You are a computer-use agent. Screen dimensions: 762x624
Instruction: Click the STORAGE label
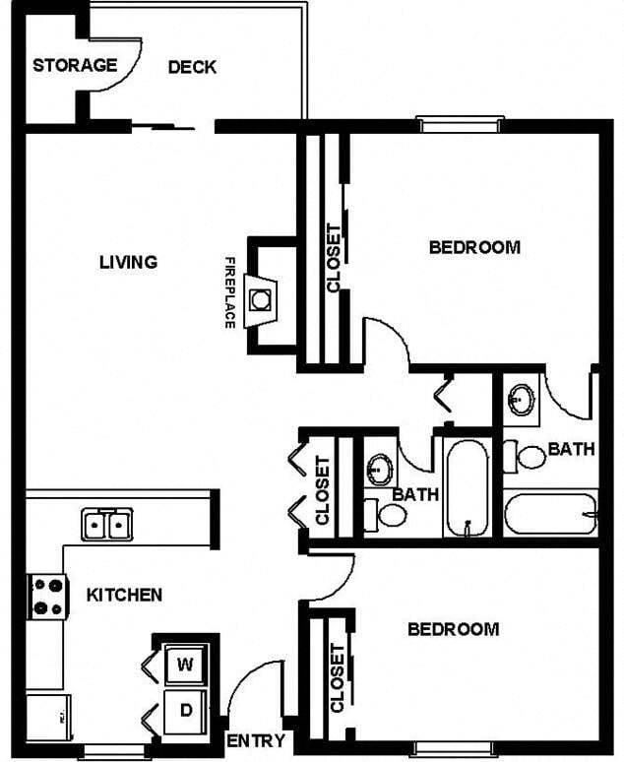point(74,66)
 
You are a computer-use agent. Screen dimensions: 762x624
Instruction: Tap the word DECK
point(192,67)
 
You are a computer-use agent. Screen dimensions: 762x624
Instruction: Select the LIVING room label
point(128,262)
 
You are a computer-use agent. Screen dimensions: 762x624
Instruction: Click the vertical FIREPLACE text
point(229,292)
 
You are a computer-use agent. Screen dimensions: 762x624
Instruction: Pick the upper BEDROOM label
point(474,247)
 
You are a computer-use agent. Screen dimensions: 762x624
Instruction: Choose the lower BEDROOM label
point(453,629)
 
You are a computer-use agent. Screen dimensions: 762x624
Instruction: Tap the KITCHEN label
point(124,595)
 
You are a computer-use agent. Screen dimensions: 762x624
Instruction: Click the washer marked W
point(184,664)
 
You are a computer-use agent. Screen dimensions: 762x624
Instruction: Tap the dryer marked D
point(184,708)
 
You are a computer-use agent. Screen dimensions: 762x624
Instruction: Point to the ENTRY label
point(256,741)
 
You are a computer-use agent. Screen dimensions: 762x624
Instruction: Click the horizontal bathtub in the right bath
point(550,513)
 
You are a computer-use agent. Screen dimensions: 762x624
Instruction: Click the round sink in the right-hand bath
point(522,401)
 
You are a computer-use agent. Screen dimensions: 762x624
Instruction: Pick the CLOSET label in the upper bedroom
point(334,258)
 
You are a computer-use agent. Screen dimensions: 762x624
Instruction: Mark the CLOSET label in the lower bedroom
point(338,677)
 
